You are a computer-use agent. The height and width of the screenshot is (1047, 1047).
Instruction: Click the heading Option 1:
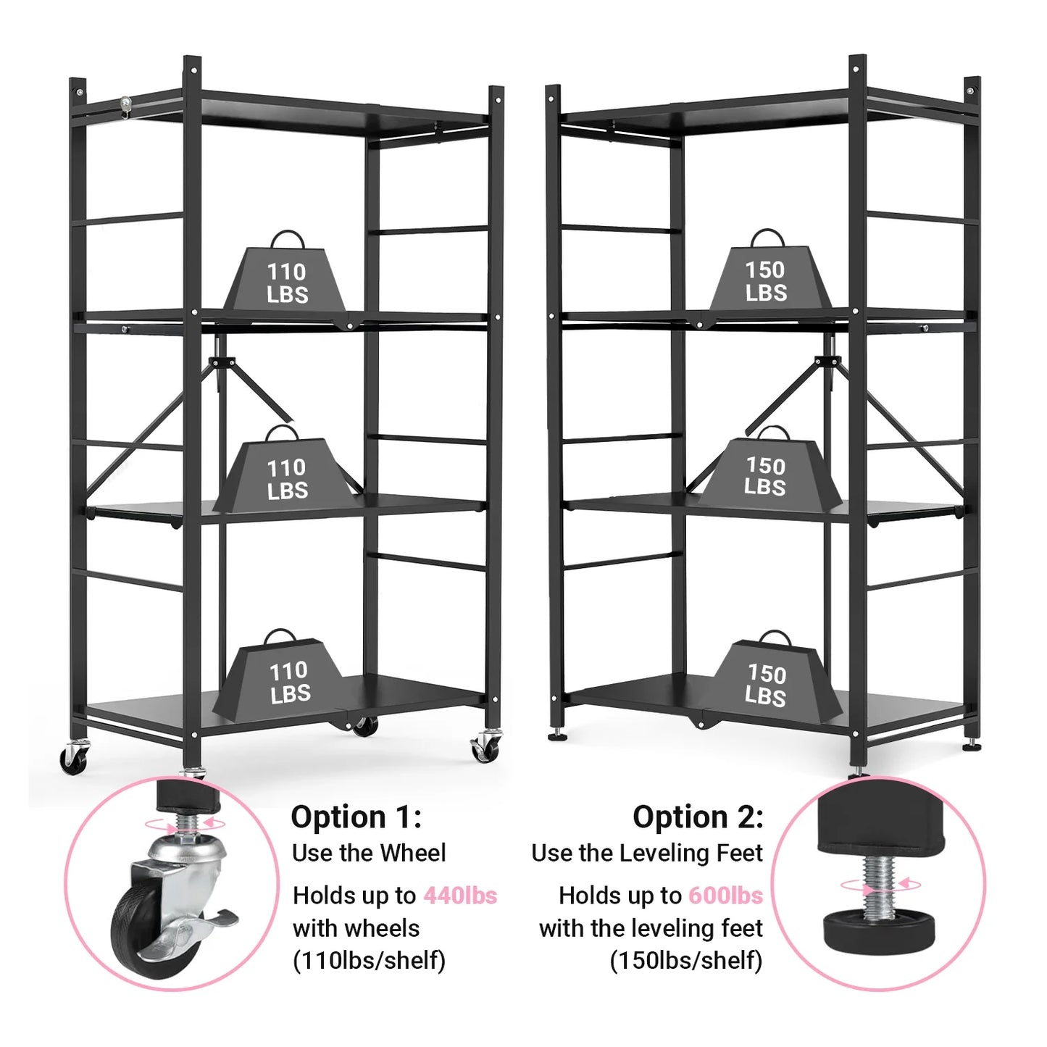tap(356, 818)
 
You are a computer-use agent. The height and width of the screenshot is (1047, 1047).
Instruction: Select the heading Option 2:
tap(698, 818)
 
